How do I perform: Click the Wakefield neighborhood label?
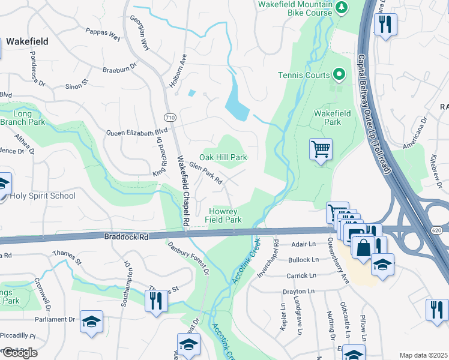click(27, 42)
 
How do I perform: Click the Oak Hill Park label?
click(223, 157)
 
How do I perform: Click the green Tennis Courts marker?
click(339, 75)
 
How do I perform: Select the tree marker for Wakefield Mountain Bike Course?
click(342, 7)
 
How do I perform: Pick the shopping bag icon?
click(363, 247)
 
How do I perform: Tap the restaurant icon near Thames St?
click(156, 299)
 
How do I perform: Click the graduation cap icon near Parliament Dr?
click(91, 322)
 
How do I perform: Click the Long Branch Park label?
click(29, 118)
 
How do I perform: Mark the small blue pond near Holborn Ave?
click(191, 93)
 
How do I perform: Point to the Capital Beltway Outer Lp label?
click(374, 114)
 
